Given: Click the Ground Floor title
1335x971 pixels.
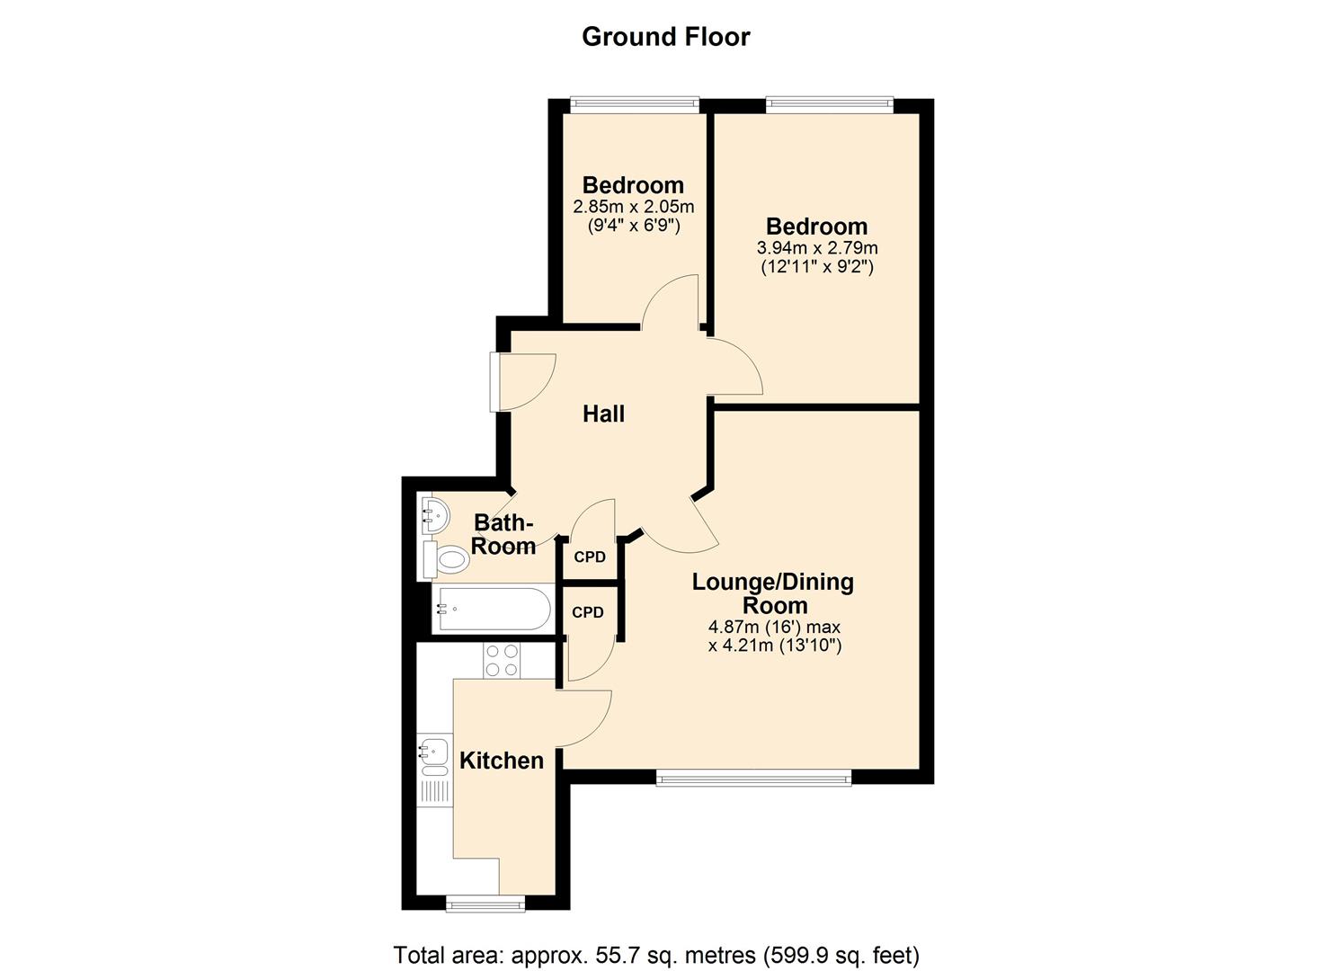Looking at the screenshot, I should pyautogui.click(x=665, y=37).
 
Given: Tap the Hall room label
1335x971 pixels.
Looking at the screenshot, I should pyautogui.click(x=603, y=414).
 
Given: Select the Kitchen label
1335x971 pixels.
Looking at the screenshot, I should pyautogui.click(x=501, y=761).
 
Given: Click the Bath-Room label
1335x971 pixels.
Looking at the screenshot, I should pyautogui.click(x=503, y=534).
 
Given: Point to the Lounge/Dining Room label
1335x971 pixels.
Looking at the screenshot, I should pyautogui.click(x=772, y=593).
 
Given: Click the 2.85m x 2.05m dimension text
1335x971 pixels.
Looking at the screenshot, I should pyautogui.click(x=633, y=207).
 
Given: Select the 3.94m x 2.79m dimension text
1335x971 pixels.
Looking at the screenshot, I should pyautogui.click(x=817, y=247).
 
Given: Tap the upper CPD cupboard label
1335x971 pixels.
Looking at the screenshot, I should pyautogui.click(x=590, y=557).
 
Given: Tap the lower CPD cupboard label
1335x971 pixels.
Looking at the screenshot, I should pyautogui.click(x=588, y=612).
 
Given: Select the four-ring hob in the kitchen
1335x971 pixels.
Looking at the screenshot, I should pyautogui.click(x=501, y=661).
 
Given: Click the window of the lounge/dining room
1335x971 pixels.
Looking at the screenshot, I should pyautogui.click(x=753, y=778).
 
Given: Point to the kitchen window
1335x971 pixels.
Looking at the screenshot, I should pyautogui.click(x=485, y=904).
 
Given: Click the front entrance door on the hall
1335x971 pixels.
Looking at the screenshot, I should pyautogui.click(x=496, y=382).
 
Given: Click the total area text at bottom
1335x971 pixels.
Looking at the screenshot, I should pyautogui.click(x=656, y=954).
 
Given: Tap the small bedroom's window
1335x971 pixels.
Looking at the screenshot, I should pyautogui.click(x=635, y=105).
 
